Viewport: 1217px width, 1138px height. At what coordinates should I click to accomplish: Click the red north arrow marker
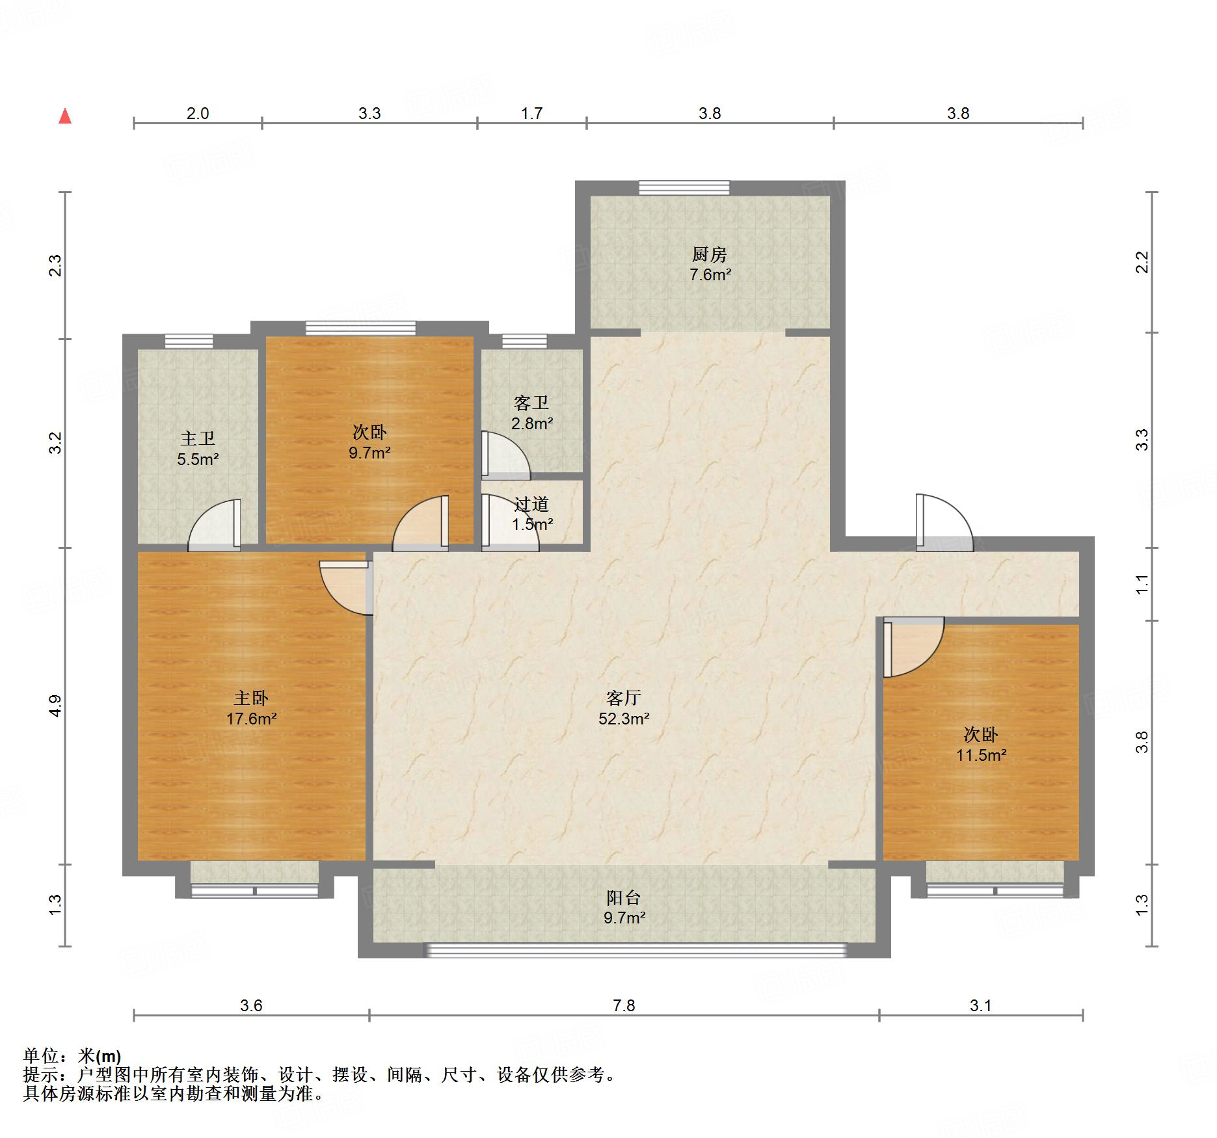(65, 116)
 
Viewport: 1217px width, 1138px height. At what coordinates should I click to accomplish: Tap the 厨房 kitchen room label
(709, 254)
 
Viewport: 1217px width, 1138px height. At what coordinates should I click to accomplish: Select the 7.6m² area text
(710, 274)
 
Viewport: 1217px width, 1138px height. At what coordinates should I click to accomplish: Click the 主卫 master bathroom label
(198, 438)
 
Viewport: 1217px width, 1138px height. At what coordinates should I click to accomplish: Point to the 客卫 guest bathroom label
(531, 403)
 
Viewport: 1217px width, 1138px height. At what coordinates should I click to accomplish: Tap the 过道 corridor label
(531, 503)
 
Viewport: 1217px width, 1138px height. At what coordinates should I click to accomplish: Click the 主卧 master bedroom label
(251, 698)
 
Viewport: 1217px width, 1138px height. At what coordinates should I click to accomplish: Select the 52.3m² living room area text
(624, 719)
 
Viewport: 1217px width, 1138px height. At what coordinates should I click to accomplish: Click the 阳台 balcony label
(624, 897)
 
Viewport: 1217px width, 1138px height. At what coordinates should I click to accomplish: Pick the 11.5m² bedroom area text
(981, 755)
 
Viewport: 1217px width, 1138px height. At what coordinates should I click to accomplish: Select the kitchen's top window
(684, 188)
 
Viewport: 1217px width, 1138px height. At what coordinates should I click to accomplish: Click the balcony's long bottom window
(635, 950)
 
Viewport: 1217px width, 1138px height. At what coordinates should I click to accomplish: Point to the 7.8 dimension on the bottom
(624, 1005)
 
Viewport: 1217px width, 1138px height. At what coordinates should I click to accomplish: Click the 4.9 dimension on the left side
(55, 706)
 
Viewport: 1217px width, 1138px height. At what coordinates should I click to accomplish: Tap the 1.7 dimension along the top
(531, 113)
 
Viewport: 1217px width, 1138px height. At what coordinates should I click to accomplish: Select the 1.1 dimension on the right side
(1142, 584)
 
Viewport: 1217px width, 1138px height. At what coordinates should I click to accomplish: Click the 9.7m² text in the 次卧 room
(369, 453)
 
